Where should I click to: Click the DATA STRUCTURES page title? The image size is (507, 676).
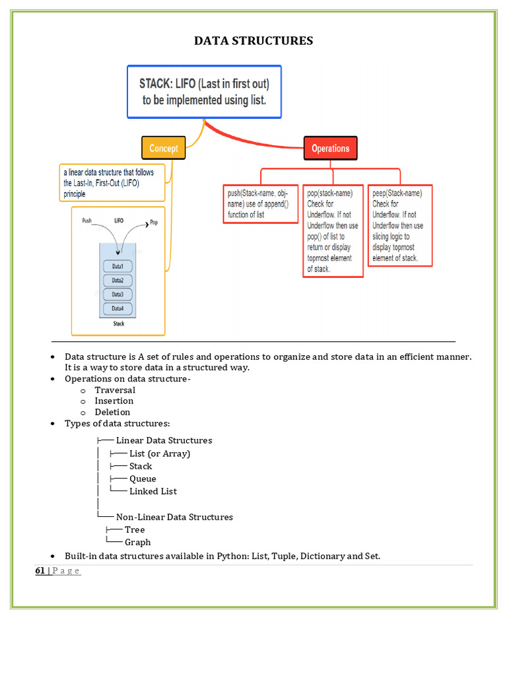click(253, 41)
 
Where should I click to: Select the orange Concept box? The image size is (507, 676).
click(163, 148)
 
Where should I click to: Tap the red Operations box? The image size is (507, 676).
click(330, 148)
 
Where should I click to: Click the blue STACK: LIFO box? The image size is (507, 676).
click(204, 91)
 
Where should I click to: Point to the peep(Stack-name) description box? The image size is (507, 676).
click(399, 225)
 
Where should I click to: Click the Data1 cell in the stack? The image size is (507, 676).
click(118, 266)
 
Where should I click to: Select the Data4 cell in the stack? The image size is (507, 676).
click(118, 308)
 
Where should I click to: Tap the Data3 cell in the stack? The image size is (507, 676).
click(118, 294)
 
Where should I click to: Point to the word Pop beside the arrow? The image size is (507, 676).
click(154, 222)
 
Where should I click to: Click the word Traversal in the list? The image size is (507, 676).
click(115, 390)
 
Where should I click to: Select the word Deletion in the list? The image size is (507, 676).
click(112, 412)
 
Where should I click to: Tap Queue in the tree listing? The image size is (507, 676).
click(143, 479)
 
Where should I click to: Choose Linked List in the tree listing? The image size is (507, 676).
click(153, 491)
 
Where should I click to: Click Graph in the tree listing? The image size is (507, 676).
click(137, 542)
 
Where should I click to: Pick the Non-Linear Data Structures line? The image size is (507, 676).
click(174, 517)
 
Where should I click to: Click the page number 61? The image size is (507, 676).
click(40, 570)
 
